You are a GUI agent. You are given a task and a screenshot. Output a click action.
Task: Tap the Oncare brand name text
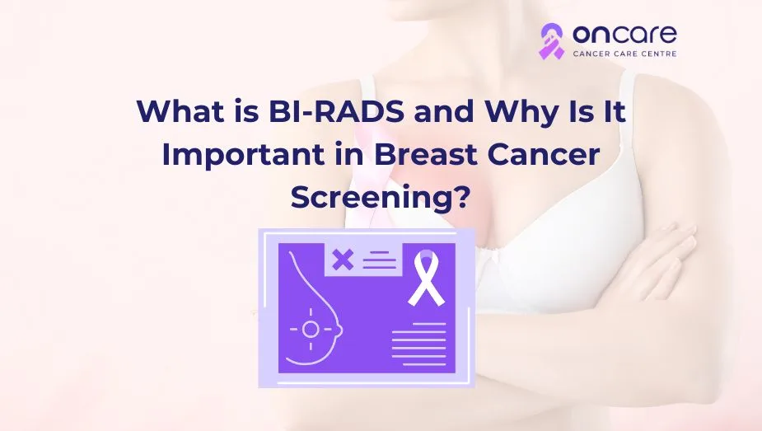click(624, 34)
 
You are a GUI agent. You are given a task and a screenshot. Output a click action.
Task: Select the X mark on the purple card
click(342, 260)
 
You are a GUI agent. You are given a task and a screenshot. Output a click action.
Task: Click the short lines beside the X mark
click(380, 260)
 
